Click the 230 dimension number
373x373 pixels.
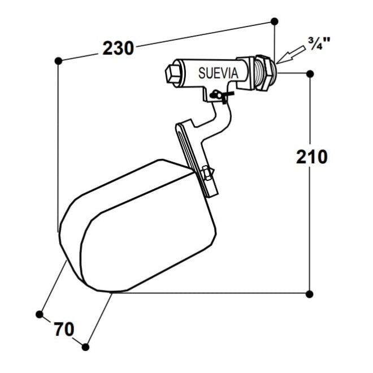coord(118,48)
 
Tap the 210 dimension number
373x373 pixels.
coord(311,157)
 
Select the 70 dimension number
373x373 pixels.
coord(64,329)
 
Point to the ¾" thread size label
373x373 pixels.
coord(319,44)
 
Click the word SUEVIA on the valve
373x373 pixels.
coord(218,73)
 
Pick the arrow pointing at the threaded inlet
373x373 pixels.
coord(290,55)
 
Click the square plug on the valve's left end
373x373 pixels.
coord(173,73)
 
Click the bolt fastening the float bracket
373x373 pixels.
coord(207,173)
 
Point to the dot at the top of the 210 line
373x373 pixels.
coord(310,74)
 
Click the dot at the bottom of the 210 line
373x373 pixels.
coord(309,294)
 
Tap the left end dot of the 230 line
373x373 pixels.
coord(58,61)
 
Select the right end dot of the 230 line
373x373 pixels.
coord(274,21)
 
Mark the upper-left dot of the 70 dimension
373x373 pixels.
coord(39,314)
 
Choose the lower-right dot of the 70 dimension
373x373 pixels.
coord(85,347)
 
